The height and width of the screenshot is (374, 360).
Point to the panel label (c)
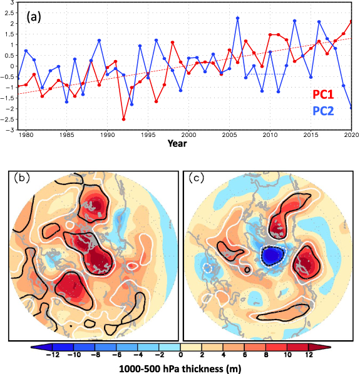[196, 177]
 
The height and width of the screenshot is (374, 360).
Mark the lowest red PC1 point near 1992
[123, 119]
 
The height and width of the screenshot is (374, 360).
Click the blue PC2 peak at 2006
[238, 18]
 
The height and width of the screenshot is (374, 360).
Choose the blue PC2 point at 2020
[351, 108]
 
